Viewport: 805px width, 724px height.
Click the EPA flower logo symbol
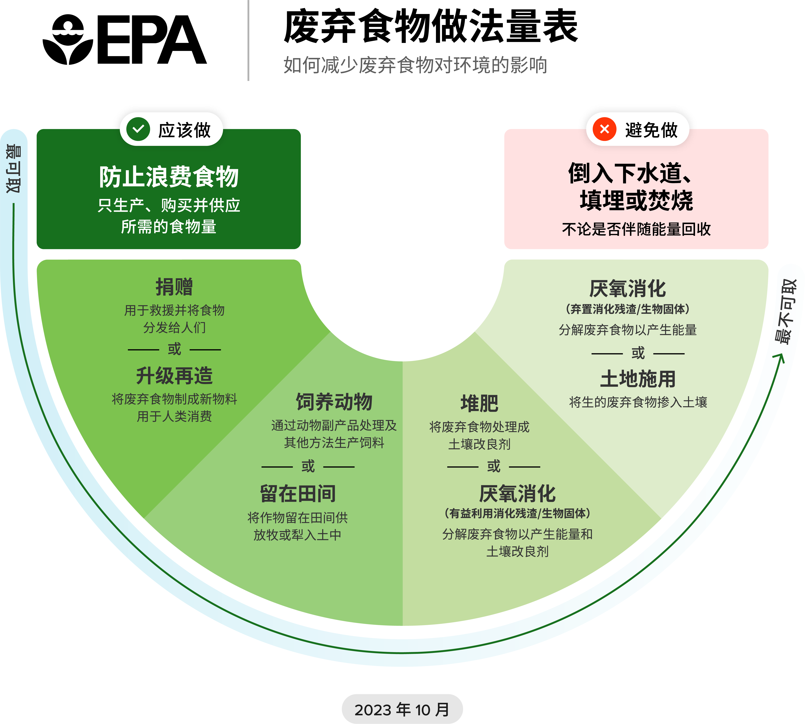tap(68, 40)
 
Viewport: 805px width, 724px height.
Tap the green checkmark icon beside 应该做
tap(138, 129)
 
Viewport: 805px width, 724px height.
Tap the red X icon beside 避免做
tap(604, 129)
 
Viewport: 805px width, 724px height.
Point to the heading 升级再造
tap(174, 376)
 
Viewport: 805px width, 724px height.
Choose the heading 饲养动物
tap(334, 402)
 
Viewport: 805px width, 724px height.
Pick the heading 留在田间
tap(298, 494)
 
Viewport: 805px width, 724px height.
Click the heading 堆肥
tap(479, 404)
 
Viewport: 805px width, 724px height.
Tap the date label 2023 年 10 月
tap(402, 710)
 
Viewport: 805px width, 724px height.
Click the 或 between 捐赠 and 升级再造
tap(174, 349)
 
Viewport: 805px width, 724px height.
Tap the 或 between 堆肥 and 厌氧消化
tap(493, 466)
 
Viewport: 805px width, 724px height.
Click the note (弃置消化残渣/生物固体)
tap(627, 309)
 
